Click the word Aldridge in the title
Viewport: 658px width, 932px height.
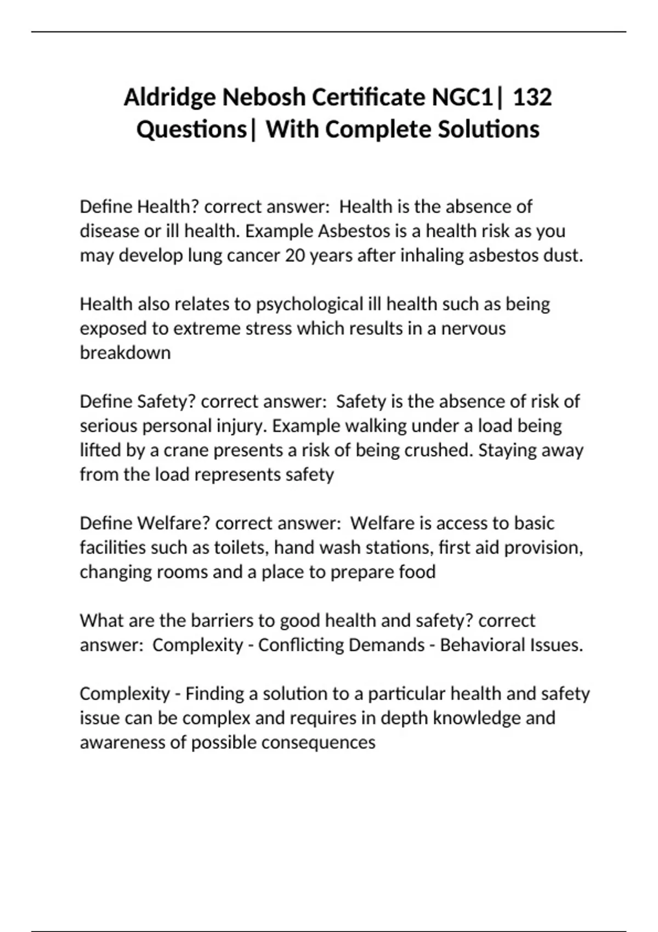170,98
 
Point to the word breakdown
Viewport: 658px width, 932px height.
125,353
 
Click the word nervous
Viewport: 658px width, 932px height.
473,328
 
